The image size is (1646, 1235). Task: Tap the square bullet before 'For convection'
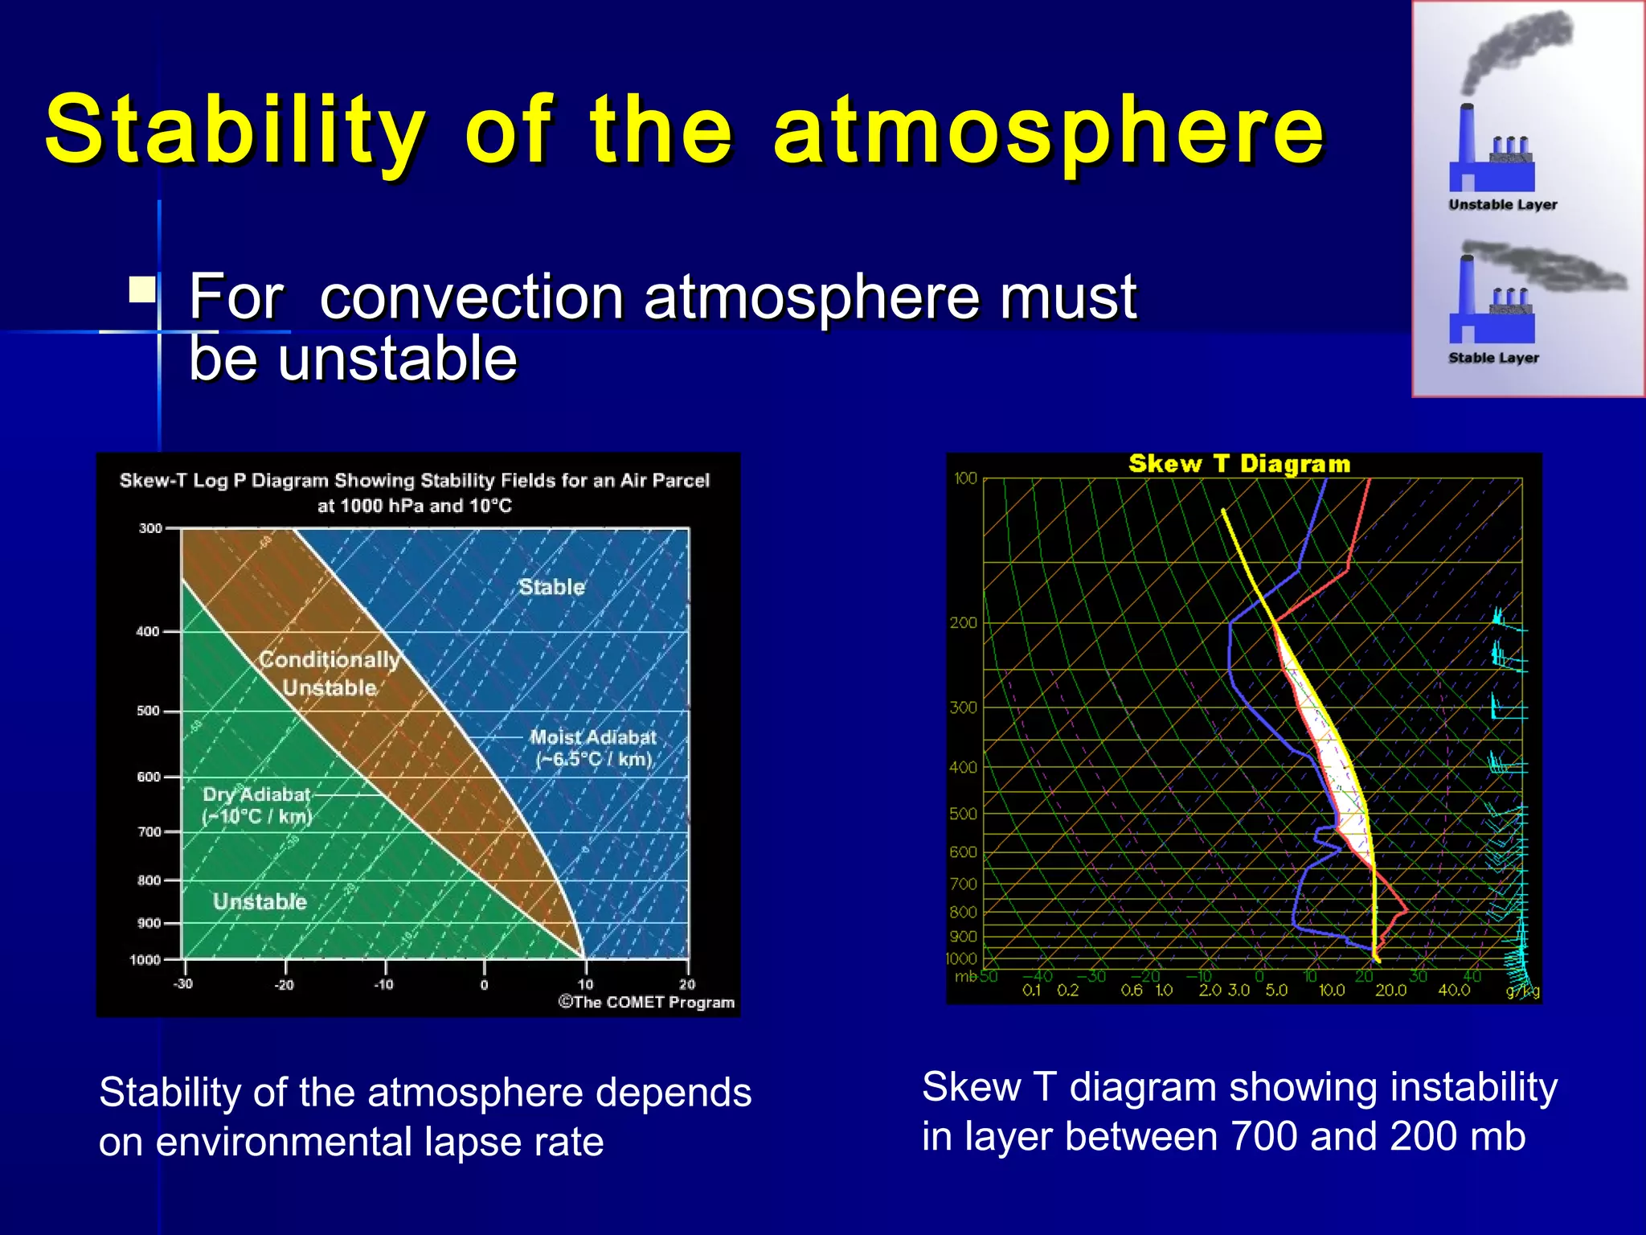[142, 289]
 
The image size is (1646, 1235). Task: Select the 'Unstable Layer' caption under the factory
[1502, 205]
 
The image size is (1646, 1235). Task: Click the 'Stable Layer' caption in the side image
[1493, 358]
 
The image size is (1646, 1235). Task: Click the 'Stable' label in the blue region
[551, 587]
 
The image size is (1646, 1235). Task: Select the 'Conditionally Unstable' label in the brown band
[330, 674]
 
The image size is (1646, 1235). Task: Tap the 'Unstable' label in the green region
[260, 901]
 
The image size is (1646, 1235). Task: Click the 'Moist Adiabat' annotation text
[593, 737]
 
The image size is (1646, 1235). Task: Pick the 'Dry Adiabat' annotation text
[256, 795]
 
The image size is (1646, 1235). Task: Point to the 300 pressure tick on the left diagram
[150, 528]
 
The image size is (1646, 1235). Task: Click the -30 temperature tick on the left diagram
[183, 984]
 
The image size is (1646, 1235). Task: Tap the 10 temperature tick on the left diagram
[585, 984]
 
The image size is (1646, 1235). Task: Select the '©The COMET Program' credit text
[646, 1003]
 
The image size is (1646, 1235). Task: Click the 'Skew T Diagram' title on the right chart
[1239, 464]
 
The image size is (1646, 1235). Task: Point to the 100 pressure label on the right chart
[965, 478]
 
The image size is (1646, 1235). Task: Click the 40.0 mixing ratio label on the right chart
[1453, 991]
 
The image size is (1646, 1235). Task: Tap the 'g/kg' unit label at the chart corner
[1522, 991]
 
